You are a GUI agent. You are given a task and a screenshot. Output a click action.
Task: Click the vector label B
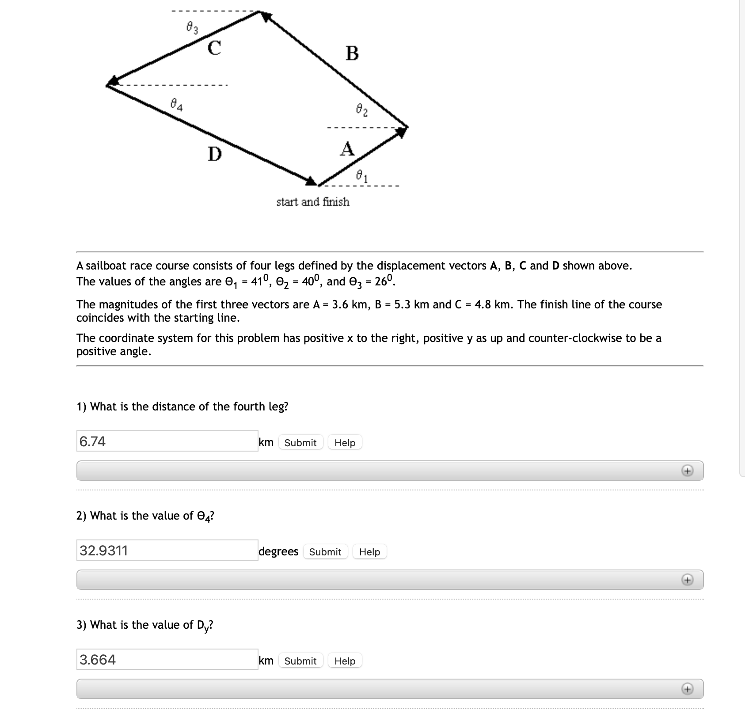tap(352, 53)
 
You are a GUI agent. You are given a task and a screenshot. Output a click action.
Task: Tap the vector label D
tap(214, 154)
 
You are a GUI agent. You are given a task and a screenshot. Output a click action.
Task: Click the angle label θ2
tap(361, 109)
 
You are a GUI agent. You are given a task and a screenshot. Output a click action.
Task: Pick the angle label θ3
tap(192, 29)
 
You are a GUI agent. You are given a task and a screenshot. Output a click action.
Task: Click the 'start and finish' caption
tap(313, 202)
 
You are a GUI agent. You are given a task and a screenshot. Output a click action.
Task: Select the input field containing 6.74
tap(167, 441)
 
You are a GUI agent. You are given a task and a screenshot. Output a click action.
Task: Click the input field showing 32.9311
tap(167, 550)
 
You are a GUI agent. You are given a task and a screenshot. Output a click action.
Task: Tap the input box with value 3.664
tap(167, 659)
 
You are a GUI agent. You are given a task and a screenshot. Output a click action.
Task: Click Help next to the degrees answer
tap(369, 552)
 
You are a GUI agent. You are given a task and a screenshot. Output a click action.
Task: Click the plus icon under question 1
tap(687, 471)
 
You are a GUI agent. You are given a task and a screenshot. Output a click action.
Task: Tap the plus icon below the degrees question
tap(687, 580)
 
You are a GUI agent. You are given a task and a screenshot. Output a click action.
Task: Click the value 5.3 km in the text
tap(402, 304)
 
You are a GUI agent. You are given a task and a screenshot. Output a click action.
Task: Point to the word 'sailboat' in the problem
tap(106, 266)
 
